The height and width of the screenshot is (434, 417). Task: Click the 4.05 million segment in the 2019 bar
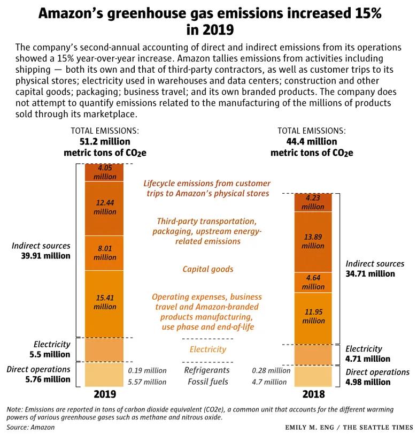[104, 172]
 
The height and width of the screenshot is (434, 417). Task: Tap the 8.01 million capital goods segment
[104, 253]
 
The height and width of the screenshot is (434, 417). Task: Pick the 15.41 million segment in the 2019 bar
[104, 303]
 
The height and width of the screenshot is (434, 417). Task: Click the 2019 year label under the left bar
[104, 395]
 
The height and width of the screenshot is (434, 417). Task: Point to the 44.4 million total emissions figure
[312, 141]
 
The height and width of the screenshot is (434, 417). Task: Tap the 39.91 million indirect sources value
[41, 255]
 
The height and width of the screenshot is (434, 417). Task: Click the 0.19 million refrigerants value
[147, 370]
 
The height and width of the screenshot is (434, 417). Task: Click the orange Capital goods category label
[207, 269]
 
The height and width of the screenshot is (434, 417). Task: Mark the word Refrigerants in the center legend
[206, 370]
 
